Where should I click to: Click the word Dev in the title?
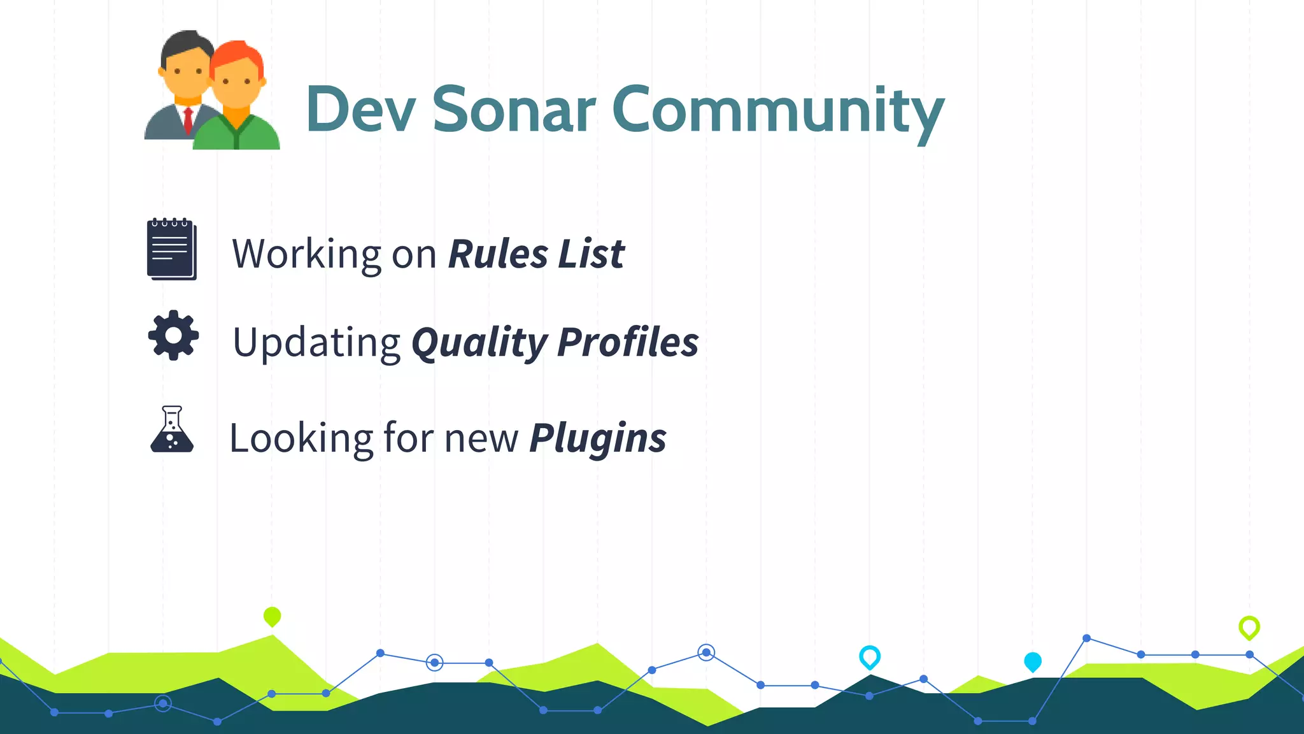point(360,110)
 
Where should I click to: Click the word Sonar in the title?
point(514,110)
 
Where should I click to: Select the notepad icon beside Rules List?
point(171,249)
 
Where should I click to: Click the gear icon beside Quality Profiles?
point(173,335)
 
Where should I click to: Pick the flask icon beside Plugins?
point(172,430)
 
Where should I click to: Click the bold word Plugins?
point(597,439)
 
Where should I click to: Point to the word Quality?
point(479,343)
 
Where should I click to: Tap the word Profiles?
point(628,342)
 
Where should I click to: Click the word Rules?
point(498,254)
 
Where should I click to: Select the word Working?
point(306,254)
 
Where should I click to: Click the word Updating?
point(316,343)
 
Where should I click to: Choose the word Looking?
point(301,439)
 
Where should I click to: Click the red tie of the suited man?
point(188,121)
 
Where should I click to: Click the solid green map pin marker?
point(272,616)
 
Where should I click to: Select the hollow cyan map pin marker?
point(869,656)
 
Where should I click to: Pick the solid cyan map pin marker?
point(1032,661)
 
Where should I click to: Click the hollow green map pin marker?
point(1249,627)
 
